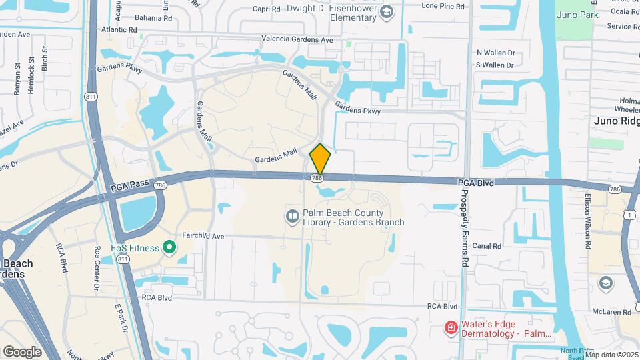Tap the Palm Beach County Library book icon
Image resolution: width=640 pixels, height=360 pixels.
point(292,216)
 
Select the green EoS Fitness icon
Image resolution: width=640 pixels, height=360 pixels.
point(169,248)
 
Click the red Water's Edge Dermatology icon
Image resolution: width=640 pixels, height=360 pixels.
point(451,327)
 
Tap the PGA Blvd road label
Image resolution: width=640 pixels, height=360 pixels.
point(476,182)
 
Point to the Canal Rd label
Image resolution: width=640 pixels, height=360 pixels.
point(487,246)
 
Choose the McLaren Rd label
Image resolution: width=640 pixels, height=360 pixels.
point(613,312)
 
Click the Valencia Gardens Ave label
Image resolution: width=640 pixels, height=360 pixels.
point(297,39)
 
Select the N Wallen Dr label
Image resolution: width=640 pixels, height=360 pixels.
point(495,52)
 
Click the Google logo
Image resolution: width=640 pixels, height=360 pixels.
point(22,351)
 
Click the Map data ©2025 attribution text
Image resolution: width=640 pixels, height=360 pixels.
point(611,355)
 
